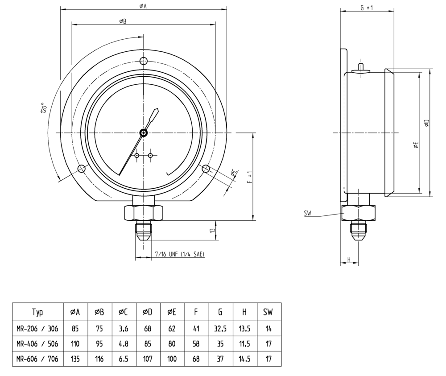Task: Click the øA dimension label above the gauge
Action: click(x=143, y=6)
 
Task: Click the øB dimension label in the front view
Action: click(x=123, y=21)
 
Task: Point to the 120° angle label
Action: click(x=44, y=108)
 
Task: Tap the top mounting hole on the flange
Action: click(x=144, y=60)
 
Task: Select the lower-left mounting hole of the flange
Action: click(x=81, y=169)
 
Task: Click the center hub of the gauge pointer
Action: click(x=144, y=132)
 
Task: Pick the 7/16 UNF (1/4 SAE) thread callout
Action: click(x=180, y=254)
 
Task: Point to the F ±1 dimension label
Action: click(x=250, y=177)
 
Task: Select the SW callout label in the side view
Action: click(x=307, y=213)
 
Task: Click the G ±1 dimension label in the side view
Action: click(x=367, y=8)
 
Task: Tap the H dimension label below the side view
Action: click(x=349, y=259)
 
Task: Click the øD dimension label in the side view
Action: click(x=426, y=123)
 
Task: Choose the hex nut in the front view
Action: click(x=143, y=213)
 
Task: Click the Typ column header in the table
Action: click(x=37, y=312)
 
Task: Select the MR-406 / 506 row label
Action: click(x=37, y=343)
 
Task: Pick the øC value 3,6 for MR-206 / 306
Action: click(x=124, y=329)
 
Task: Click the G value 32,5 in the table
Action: click(x=220, y=329)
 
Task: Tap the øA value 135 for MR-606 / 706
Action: click(x=75, y=359)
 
